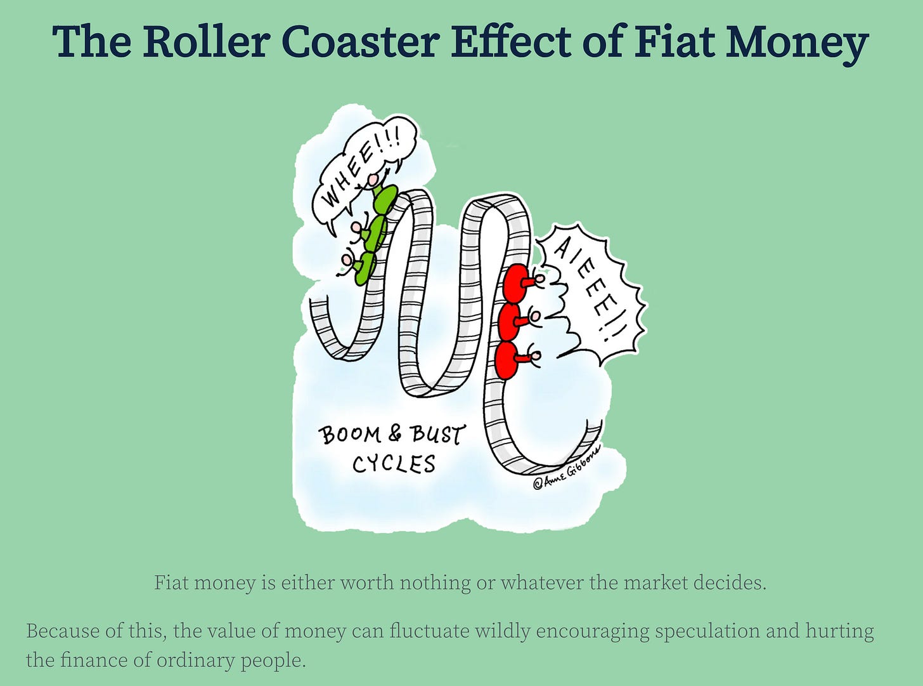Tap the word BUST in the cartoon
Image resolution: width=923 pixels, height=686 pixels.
437,435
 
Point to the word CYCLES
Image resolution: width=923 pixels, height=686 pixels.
394,465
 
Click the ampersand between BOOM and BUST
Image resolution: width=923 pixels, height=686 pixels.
395,433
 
